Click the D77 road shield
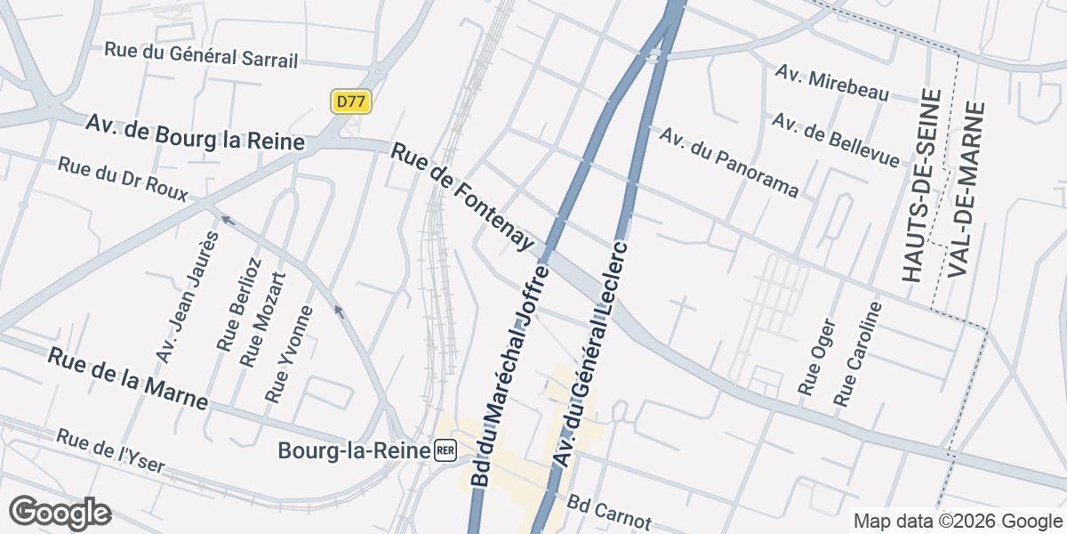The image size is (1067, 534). point(350,101)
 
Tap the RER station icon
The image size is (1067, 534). point(445,450)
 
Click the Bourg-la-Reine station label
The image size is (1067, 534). point(355,450)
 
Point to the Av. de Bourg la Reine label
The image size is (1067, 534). point(196,132)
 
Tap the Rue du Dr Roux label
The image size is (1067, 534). point(123,180)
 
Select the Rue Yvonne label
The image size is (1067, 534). point(290,352)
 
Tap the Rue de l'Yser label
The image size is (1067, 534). point(109,450)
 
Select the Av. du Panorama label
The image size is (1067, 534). point(729,162)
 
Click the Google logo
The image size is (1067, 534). point(60,512)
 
